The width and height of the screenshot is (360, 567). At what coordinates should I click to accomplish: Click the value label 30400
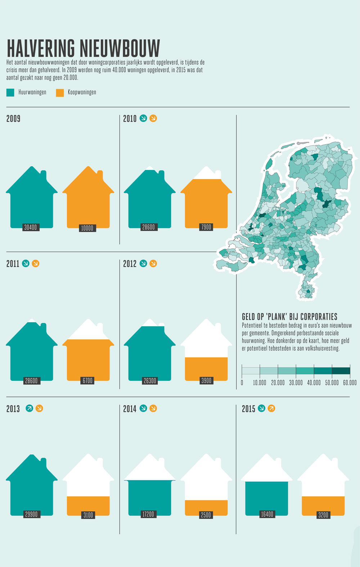tap(31, 227)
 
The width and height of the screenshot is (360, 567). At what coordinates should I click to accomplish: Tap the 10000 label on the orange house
tap(87, 228)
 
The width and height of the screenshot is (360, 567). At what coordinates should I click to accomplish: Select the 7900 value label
tap(206, 227)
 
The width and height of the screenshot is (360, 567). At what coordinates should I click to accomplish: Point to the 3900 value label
tap(206, 380)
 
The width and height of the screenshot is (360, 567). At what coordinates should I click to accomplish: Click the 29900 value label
tap(32, 514)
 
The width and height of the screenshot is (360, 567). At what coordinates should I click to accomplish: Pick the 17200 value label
tap(148, 514)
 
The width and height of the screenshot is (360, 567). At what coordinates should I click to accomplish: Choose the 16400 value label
tap(267, 514)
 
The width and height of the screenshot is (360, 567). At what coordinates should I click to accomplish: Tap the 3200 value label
tap(323, 515)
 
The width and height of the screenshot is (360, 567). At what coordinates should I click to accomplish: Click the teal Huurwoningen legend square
tap(10, 92)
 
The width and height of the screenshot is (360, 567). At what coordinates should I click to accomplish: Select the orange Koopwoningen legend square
tap(60, 93)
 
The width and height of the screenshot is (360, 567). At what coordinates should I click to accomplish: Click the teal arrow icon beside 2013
tap(30, 408)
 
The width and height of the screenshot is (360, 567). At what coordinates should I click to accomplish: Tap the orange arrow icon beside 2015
tap(271, 408)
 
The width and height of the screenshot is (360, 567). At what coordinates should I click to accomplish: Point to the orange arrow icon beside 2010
tap(153, 118)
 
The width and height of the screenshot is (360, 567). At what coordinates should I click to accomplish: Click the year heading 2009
tap(13, 119)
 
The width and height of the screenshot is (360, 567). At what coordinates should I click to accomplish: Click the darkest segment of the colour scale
tap(341, 371)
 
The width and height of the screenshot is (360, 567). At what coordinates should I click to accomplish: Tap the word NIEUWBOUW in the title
tap(120, 48)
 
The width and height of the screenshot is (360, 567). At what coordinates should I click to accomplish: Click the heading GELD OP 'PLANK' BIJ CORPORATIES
tap(290, 317)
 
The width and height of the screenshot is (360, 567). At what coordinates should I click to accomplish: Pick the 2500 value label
tap(206, 515)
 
